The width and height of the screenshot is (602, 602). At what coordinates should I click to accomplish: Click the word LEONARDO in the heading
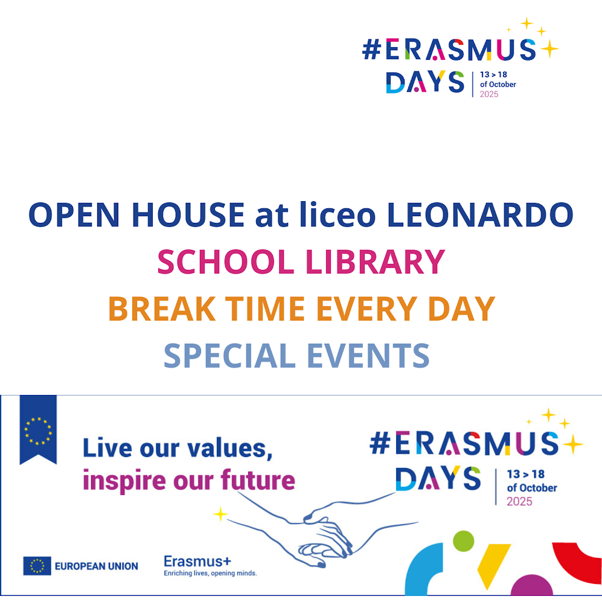(x=480, y=214)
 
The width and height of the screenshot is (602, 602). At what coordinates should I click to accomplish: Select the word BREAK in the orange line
(x=162, y=309)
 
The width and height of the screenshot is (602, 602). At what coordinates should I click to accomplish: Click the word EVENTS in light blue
(x=368, y=356)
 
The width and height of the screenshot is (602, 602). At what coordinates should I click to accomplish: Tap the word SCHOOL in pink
(x=226, y=262)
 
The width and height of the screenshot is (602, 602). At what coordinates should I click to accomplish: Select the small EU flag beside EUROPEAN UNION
(x=37, y=566)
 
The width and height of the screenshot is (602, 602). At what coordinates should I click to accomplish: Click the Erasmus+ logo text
(x=197, y=562)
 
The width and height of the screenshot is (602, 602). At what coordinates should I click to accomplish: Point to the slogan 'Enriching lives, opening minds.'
(x=210, y=573)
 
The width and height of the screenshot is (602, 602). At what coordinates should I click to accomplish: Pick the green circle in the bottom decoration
(x=463, y=541)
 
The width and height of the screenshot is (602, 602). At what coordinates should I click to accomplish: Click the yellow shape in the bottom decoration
(x=493, y=563)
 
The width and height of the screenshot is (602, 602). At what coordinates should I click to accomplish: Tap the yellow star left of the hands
(x=220, y=514)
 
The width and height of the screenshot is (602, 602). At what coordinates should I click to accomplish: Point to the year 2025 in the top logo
(x=488, y=94)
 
